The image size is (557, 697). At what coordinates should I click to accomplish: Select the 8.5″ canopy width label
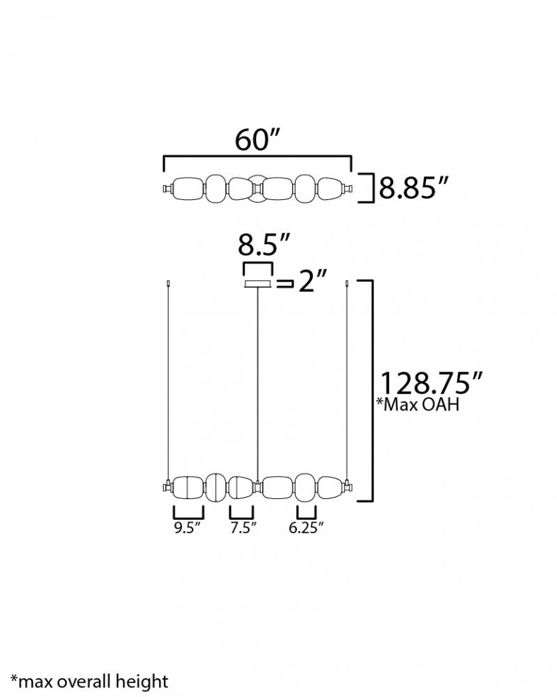264,245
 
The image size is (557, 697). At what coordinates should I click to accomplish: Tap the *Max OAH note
418,404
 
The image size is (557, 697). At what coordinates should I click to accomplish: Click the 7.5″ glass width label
243,528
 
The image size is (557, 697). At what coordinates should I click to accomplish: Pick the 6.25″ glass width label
306,528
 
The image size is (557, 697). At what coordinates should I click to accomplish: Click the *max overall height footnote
89,682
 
